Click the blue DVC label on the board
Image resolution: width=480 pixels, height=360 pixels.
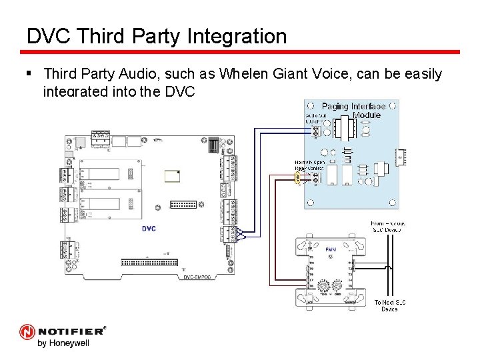coord(149,229)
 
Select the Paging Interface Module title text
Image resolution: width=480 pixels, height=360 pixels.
coord(353,110)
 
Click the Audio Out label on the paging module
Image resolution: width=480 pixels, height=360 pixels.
coord(316,118)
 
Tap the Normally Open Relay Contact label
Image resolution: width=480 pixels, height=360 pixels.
coord(310,165)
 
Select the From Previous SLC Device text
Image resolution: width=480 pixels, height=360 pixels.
coord(387,227)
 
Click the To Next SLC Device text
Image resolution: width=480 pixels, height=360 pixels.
coord(390,305)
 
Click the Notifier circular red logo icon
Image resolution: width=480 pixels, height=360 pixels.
coord(27,332)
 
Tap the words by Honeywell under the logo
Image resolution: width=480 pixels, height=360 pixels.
coord(63,344)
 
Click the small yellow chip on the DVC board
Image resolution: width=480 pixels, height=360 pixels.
coord(172,176)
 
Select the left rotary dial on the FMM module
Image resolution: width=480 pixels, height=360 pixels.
coord(322,287)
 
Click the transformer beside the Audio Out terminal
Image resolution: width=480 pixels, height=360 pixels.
coord(343,126)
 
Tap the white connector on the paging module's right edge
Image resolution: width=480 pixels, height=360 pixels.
coord(402,157)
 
